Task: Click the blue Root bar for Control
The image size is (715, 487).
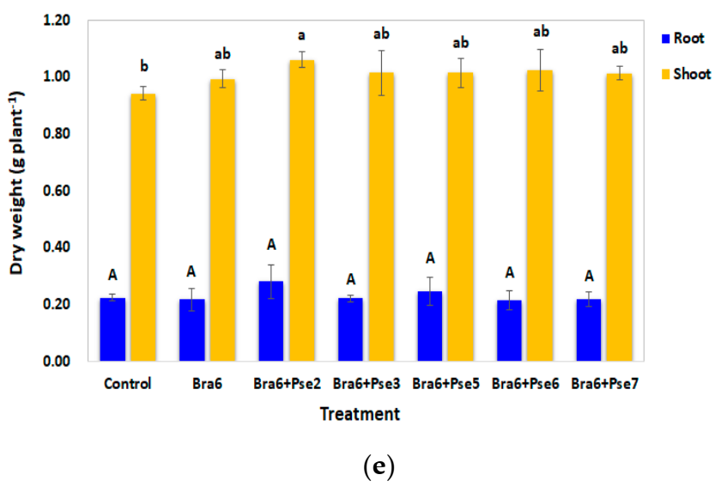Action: point(112,329)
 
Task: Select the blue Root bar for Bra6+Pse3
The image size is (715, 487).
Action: point(350,329)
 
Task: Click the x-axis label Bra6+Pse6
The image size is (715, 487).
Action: point(526,384)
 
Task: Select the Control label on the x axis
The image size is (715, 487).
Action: point(126,384)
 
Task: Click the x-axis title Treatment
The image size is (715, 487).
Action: point(360,415)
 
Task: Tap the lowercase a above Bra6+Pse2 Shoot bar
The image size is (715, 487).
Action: point(301,35)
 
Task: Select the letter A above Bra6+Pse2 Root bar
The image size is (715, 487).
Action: point(270,245)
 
